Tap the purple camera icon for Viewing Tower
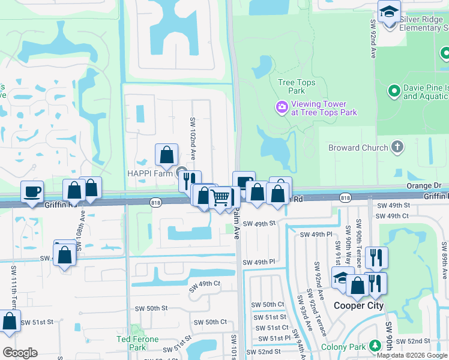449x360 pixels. [x=281, y=107]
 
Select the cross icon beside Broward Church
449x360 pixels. [x=397, y=147]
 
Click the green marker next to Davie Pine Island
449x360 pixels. [x=394, y=91]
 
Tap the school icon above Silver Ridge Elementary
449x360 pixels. [x=389, y=12]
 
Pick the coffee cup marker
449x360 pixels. [x=32, y=192]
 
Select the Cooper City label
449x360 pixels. [x=358, y=305]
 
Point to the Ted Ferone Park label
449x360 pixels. [x=137, y=343]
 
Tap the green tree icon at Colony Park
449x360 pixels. [x=375, y=346]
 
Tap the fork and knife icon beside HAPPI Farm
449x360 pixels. [x=190, y=180]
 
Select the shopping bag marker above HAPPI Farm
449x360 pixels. [x=166, y=155]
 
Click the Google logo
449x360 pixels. [x=20, y=353]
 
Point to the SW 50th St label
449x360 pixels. [x=148, y=308]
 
